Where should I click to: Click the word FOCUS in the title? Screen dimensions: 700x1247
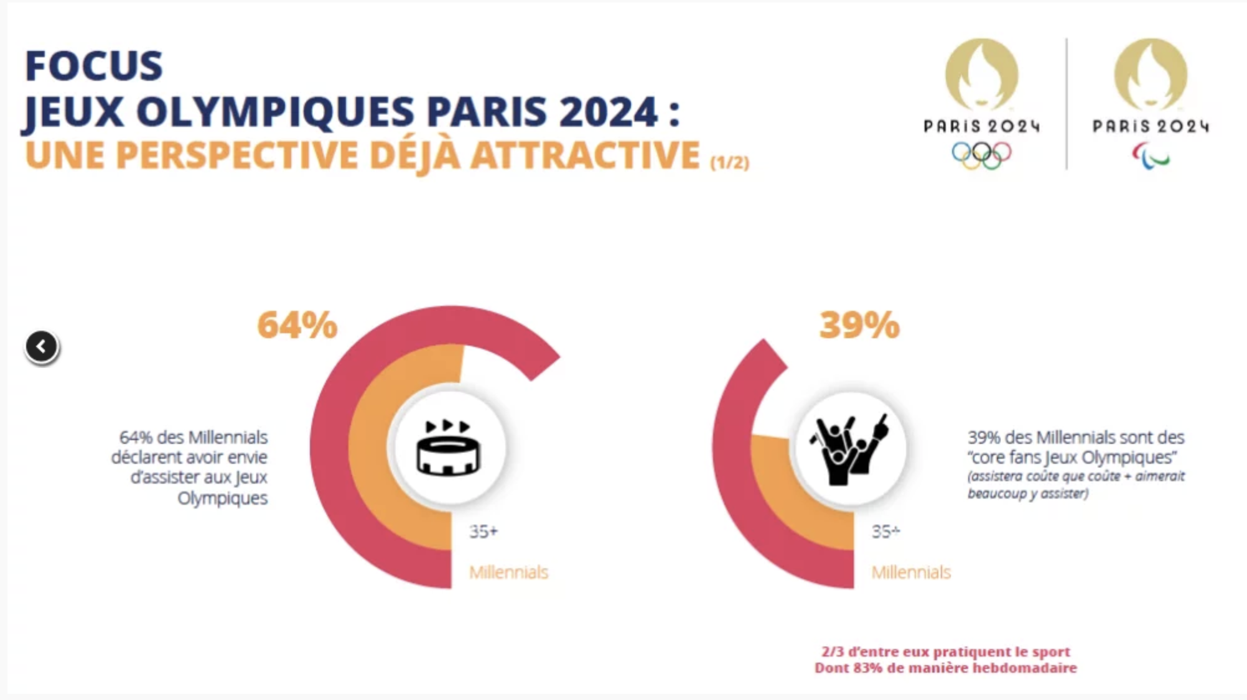coord(93,66)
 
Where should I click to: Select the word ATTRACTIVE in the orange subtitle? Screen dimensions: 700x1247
coord(585,155)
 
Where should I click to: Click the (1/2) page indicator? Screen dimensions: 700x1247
coord(729,162)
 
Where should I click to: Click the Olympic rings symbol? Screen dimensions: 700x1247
coord(981,155)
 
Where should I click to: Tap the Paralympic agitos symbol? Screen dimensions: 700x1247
coord(1151,156)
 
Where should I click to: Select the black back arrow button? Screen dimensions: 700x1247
coord(42,346)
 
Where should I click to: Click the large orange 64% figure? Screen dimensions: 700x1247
coord(297,325)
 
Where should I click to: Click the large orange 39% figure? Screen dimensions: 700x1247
coord(859,325)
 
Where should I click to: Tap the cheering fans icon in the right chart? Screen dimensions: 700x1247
coord(850,448)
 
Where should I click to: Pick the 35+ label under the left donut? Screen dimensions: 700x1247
coord(483,532)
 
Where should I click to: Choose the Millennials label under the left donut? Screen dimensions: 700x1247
coord(508,572)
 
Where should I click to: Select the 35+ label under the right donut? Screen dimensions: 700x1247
coord(885,532)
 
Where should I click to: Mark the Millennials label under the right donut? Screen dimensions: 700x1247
coord(911,572)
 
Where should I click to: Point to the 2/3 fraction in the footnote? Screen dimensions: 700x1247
coord(832,652)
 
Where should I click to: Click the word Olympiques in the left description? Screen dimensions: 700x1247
coord(222,499)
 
